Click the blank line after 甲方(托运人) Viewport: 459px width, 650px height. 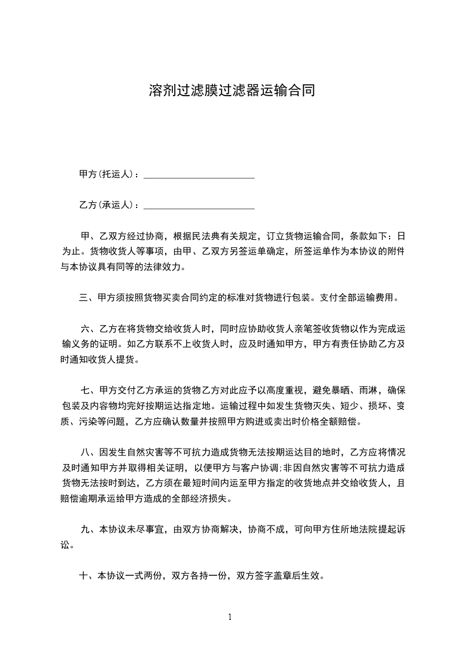(199, 175)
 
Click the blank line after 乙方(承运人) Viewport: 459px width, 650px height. (199, 206)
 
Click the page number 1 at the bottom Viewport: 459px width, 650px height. (230, 617)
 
